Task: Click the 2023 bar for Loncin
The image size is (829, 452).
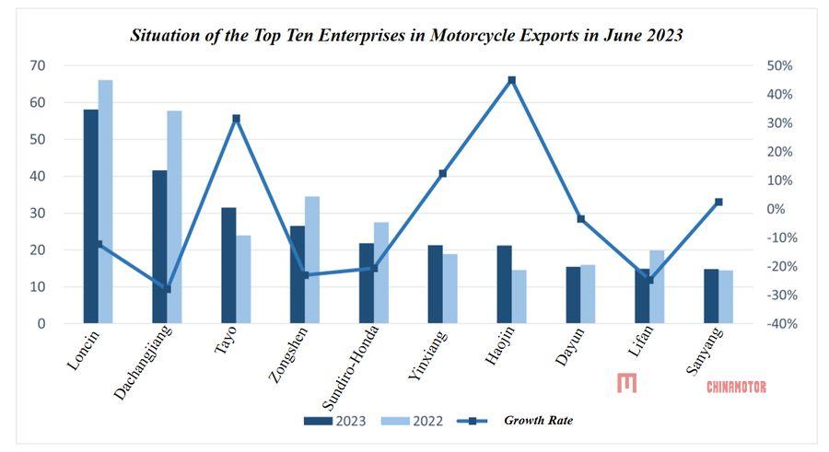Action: [x=90, y=216]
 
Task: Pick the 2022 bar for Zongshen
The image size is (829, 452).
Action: [x=312, y=260]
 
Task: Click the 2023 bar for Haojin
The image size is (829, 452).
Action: [x=504, y=284]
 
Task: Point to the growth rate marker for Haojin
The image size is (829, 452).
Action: [x=512, y=80]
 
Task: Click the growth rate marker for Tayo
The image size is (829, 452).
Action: [x=236, y=118]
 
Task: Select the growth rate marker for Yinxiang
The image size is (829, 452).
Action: [x=443, y=173]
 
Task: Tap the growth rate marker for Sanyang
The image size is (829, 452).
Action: [x=718, y=202]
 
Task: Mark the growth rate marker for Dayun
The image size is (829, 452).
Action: [x=580, y=219]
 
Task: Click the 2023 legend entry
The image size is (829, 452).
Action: [x=336, y=421]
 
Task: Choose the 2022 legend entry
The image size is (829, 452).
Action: [x=414, y=421]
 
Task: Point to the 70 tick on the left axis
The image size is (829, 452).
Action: [x=38, y=65]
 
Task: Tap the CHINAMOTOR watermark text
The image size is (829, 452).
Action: [x=736, y=387]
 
